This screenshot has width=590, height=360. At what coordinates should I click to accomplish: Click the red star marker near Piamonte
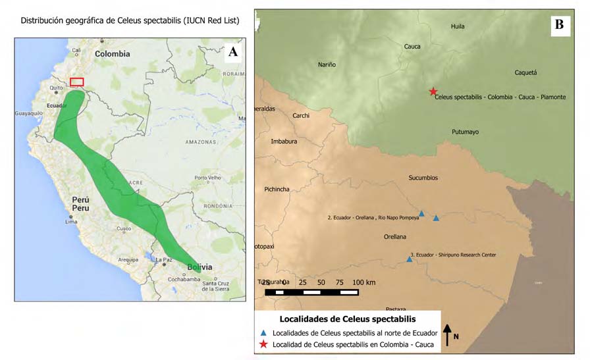[x=433, y=91]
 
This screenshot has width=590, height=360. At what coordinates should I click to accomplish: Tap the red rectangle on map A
[x=77, y=82]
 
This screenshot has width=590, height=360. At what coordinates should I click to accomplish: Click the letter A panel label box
[x=232, y=53]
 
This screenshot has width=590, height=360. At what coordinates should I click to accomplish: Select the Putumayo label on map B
[x=465, y=132]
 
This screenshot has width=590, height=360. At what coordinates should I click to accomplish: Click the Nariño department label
[x=327, y=64]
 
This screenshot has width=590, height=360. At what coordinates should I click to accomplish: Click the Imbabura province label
[x=284, y=141]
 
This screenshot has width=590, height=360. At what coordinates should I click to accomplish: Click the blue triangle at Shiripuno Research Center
[x=410, y=259]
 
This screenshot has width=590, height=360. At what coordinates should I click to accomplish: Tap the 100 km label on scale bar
[x=363, y=282]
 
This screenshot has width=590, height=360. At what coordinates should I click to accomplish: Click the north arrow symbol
[x=447, y=334]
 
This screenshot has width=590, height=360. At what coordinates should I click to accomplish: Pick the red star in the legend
[x=263, y=344]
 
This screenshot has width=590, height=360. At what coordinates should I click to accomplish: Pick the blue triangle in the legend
[x=263, y=332]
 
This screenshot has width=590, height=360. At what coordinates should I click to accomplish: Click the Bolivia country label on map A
[x=200, y=267]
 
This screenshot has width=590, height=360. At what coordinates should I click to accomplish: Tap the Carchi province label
[x=300, y=116]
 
